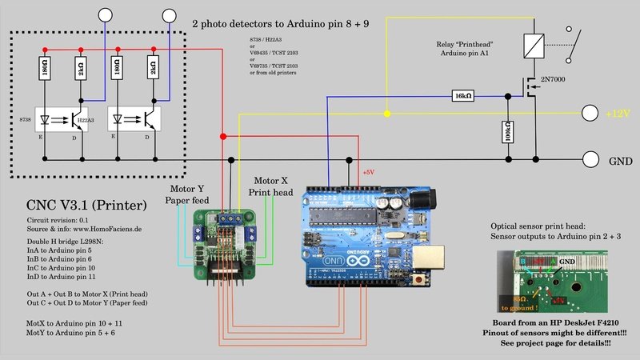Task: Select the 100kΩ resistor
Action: [x=506, y=133]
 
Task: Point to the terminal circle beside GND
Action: [x=590, y=159]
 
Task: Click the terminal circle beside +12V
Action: [x=590, y=114]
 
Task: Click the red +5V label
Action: [x=368, y=172]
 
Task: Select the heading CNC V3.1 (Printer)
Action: [x=86, y=206]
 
